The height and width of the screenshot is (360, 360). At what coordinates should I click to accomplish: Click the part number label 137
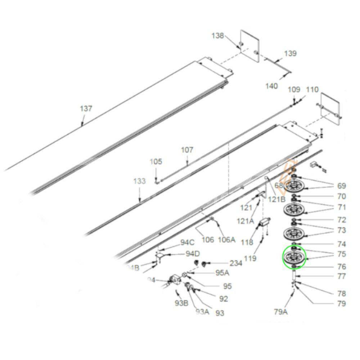[86, 108]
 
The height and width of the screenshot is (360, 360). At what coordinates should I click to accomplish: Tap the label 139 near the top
[290, 54]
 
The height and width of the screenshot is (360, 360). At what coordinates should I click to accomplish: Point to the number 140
[272, 86]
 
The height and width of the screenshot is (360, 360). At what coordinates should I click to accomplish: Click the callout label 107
[187, 150]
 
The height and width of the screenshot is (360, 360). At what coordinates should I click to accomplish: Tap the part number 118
[247, 242]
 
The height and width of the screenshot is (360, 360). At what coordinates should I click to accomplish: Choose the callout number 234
[236, 263]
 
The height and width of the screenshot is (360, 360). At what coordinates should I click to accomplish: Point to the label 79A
[281, 312]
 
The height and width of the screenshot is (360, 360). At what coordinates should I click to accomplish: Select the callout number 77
[341, 276]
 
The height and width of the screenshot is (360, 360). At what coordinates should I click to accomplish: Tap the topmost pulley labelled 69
[294, 186]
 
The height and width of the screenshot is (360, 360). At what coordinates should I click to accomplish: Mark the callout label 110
[312, 90]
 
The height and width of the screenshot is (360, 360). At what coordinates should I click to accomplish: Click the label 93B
[181, 303]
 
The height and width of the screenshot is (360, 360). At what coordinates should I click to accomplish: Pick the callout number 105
[156, 162]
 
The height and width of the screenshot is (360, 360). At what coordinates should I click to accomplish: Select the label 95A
[222, 273]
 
